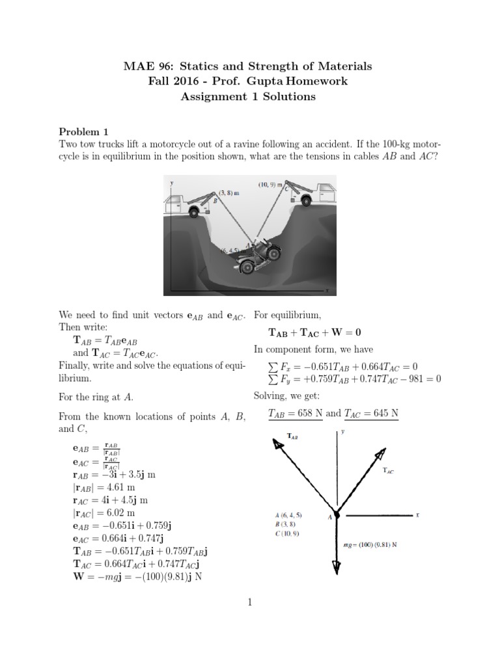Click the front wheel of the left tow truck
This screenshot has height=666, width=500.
coord(194,211)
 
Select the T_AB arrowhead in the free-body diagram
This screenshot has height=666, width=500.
coord(277,444)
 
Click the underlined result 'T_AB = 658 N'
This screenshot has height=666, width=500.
coord(295,413)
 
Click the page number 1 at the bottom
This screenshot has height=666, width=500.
coord(249,603)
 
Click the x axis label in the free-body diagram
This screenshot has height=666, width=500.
coord(416,514)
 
